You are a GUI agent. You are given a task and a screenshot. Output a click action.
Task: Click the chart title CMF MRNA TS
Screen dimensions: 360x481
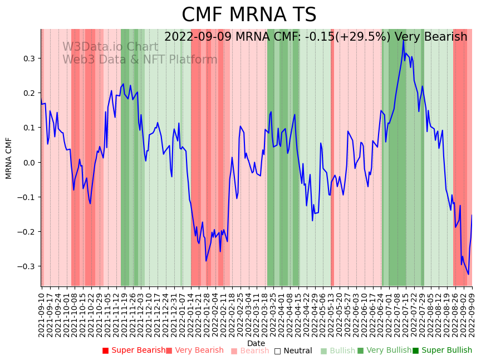point(249,15)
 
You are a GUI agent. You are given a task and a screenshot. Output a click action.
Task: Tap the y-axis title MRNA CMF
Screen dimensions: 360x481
point(9,158)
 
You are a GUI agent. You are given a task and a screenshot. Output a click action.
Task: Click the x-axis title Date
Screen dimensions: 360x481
point(256,343)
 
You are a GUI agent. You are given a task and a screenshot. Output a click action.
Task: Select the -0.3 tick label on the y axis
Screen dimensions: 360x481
point(26,266)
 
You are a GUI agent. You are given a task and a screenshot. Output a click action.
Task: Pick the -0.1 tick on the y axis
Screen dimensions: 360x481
point(26,197)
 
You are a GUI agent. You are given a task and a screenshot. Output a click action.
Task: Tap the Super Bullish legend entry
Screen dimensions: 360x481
point(442,351)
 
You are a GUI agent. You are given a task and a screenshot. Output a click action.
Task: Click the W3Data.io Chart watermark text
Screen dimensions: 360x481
point(110,47)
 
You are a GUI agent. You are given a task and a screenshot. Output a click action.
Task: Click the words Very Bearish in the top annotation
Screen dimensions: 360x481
point(429,37)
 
